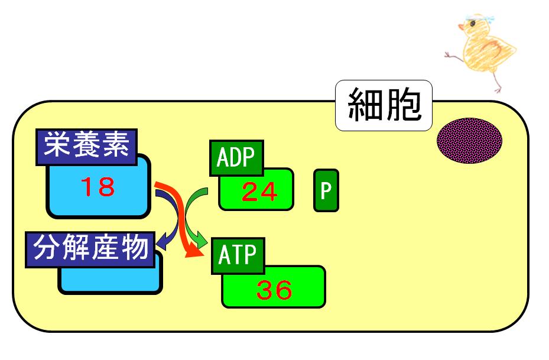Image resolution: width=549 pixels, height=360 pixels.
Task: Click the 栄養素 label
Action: pos(86,147)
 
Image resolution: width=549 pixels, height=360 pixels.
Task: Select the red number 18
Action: pos(98,187)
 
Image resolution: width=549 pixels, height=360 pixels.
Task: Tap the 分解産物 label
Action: pos(90,249)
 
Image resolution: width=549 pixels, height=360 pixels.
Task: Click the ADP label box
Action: pos(236,158)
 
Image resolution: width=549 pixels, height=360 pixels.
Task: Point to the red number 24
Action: pos(259,192)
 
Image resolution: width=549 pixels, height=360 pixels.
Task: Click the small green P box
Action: pos(326,190)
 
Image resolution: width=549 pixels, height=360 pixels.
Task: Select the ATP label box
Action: pos(238,255)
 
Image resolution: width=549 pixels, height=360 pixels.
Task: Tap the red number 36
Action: pos(274,290)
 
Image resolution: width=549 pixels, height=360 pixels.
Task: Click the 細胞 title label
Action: pos(384,105)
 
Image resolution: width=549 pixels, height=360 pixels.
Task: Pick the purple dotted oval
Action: pos(470,141)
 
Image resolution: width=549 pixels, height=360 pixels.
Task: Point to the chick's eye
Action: pos(472,24)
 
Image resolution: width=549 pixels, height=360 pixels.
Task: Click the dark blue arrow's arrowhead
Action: pos(162,242)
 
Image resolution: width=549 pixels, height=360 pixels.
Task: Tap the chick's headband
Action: pos(478,17)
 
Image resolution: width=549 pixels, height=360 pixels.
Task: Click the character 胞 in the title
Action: pos(403,105)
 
